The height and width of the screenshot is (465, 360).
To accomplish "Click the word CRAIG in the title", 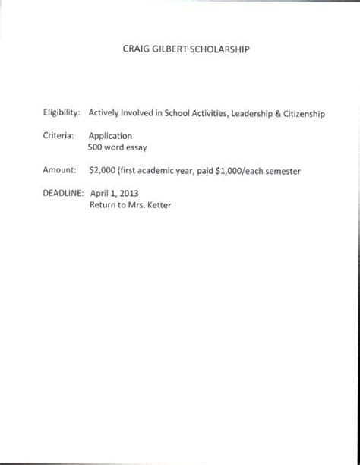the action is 134,51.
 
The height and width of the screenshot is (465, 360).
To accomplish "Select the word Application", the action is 111,134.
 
